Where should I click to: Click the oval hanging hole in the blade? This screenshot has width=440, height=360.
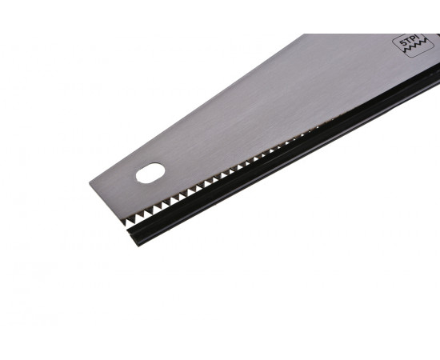[x=150, y=173]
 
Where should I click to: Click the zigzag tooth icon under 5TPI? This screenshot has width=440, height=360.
[x=414, y=46]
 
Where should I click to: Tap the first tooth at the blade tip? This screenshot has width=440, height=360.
[x=125, y=221]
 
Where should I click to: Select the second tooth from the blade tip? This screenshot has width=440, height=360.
[x=131, y=218]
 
